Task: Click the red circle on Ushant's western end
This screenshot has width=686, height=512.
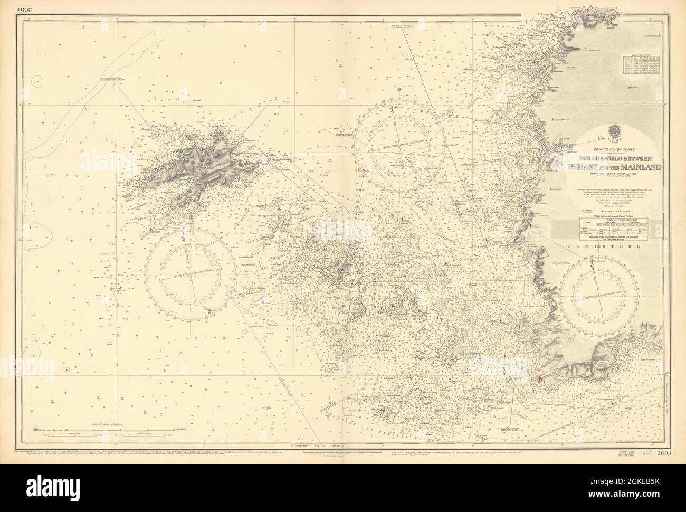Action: click(x=156, y=170)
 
